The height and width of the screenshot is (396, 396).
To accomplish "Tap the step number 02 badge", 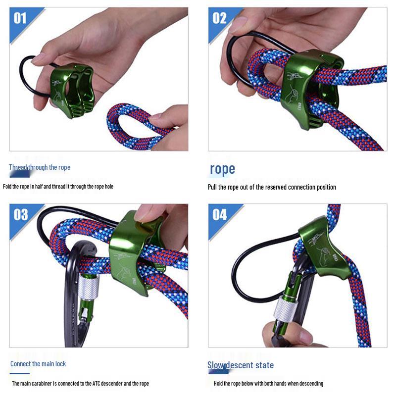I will [220, 18].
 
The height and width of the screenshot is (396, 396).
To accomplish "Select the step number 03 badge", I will [21, 215].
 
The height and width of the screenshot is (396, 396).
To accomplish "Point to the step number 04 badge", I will [220, 215].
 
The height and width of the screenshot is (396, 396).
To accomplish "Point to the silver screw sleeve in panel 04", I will [286, 308].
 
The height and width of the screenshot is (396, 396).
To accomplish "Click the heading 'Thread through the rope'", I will [40, 167].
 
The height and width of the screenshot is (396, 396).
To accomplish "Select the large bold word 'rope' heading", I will [222, 169].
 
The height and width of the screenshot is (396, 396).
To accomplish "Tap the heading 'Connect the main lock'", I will [38, 364].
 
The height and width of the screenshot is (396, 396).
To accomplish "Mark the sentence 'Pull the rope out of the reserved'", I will [272, 187].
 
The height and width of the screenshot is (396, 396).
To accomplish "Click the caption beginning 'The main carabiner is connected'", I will [80, 384].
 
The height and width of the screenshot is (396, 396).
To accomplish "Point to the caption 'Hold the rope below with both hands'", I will [268, 384].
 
